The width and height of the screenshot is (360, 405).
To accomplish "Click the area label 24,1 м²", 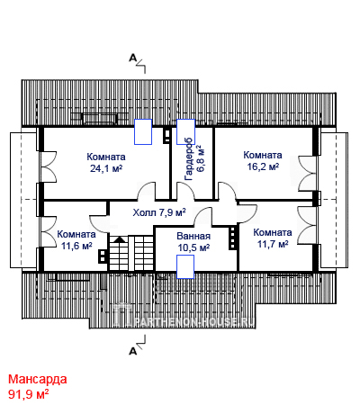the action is coord(106,168).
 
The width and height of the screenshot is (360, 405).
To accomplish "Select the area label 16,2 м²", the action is coord(263,166).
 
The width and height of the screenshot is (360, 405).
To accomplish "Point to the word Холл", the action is coord(144,212).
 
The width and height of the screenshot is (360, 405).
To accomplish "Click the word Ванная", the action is coord(193,236).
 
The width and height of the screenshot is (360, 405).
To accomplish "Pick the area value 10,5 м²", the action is coord(193,247).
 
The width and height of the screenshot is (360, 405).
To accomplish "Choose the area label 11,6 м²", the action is coord(76,246).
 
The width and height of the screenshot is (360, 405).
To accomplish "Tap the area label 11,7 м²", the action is coord(273,244).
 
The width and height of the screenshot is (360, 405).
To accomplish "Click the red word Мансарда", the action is coord(38,380).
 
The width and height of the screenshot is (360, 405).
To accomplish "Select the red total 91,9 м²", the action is coord(29,394).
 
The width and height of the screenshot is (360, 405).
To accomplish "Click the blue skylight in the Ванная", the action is coord(185,266).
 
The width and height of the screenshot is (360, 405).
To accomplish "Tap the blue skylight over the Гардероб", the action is coord(185,131).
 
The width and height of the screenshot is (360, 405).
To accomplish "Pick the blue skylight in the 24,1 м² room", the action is coord(143,131).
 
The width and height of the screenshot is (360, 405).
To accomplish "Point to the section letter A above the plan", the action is coord(132,58).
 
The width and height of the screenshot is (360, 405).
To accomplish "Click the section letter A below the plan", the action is coord(132,351).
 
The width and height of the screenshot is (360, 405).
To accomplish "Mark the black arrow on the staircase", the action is coord(120,239).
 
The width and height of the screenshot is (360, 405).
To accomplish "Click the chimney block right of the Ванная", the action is coord(232,238).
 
